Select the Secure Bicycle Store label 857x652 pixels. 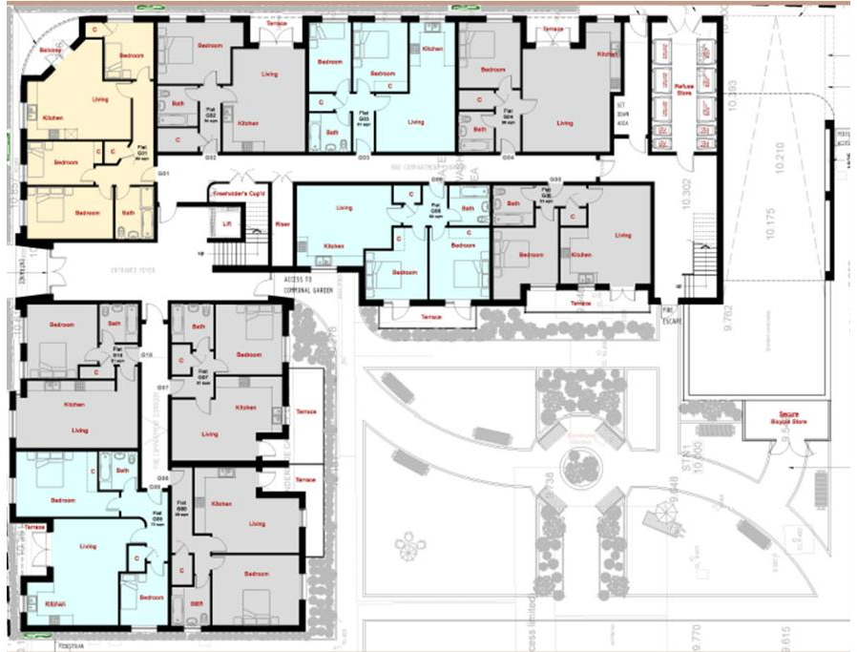[787, 417]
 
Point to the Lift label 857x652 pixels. [227, 222]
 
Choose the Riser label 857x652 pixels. [282, 224]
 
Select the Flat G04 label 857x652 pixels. [508, 116]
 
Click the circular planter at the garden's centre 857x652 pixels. [581, 468]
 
